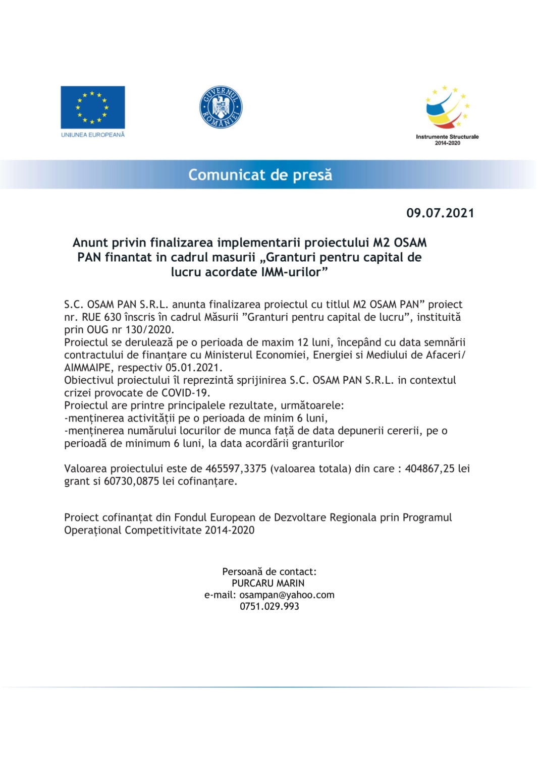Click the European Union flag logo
tap(92, 107)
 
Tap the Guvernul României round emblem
tap(221, 107)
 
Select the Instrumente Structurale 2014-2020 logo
tap(447, 115)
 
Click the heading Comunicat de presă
tap(260, 175)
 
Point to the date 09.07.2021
tap(440, 213)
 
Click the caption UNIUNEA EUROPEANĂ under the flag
tap(92, 135)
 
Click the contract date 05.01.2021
tap(193, 368)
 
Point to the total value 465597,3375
tap(236, 468)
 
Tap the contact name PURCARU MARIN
tap(268, 583)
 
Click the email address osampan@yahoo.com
tap(287, 595)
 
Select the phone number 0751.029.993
tap(269, 606)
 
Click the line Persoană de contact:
tap(269, 571)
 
